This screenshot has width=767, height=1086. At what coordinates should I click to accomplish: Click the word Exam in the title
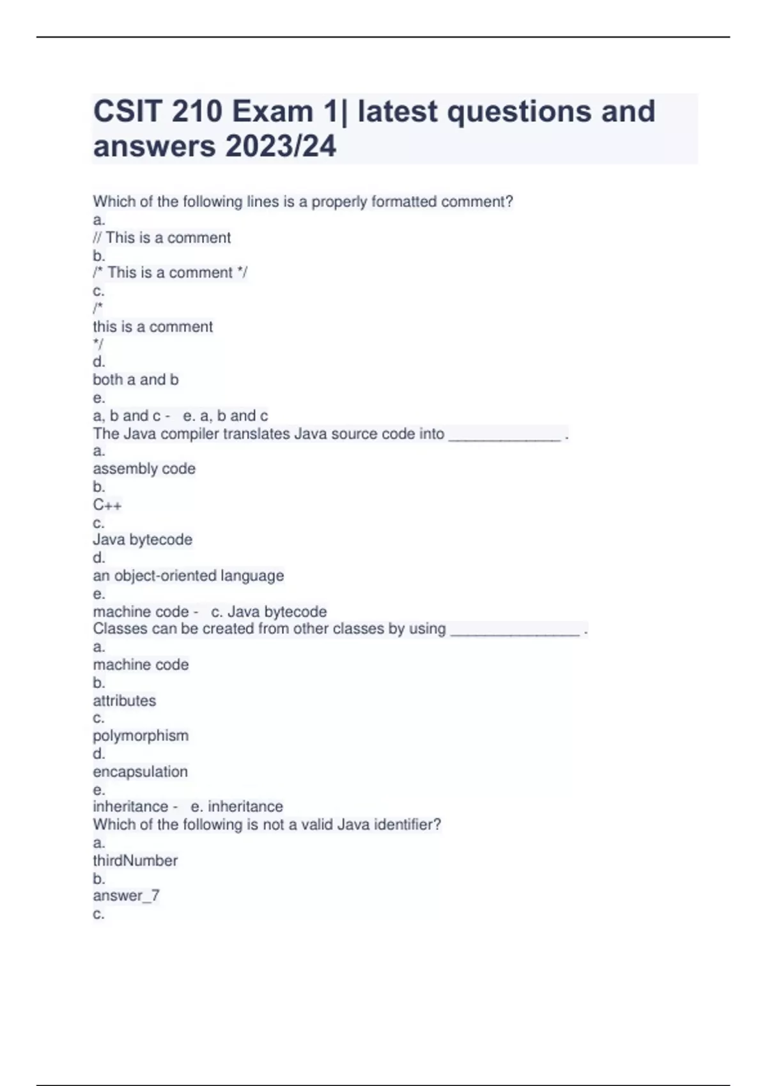click(x=272, y=112)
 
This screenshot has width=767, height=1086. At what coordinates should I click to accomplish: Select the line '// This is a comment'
click(x=162, y=238)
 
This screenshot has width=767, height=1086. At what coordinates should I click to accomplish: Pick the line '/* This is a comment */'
click(x=170, y=273)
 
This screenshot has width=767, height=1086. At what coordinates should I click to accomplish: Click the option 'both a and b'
click(x=136, y=379)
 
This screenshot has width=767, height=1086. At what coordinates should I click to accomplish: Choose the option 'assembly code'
click(x=144, y=469)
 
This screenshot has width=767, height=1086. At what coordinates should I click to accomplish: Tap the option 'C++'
click(x=107, y=505)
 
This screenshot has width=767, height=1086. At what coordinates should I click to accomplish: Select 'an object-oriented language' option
click(x=189, y=576)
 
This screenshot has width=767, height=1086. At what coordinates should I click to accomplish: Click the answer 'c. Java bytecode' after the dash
click(x=268, y=611)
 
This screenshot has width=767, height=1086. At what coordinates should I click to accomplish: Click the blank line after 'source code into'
click(x=505, y=436)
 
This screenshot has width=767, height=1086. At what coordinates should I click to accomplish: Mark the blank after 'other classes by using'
click(x=515, y=631)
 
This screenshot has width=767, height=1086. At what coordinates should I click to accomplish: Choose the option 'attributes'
click(x=125, y=701)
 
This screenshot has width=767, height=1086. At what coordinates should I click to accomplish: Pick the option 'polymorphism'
click(x=141, y=736)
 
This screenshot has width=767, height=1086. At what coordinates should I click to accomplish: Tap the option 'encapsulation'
click(x=141, y=772)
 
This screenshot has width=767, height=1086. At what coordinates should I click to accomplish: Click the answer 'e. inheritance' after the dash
click(x=237, y=806)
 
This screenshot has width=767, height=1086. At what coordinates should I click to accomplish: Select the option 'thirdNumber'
click(x=136, y=860)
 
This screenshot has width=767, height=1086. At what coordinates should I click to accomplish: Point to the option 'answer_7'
click(x=127, y=896)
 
